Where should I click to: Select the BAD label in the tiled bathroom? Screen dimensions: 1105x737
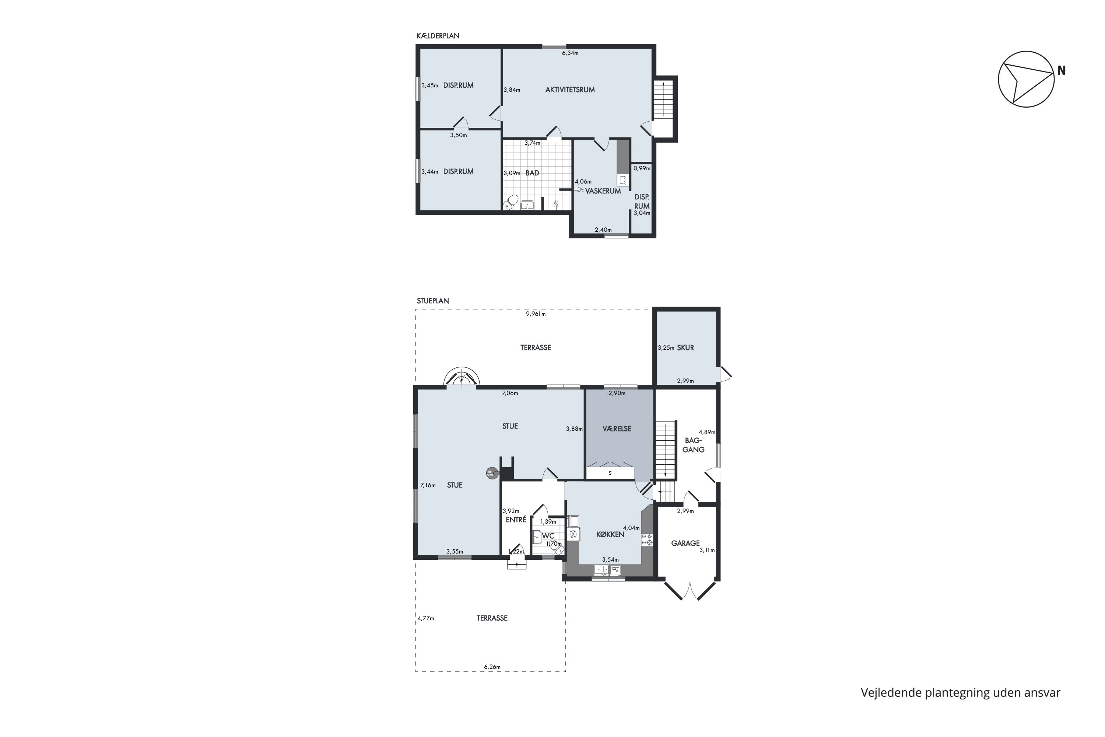click(x=532, y=173)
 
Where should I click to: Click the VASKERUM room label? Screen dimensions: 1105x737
click(x=603, y=191)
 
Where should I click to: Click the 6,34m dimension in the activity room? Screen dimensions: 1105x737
click(x=570, y=53)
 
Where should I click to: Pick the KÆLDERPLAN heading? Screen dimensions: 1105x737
click(x=438, y=36)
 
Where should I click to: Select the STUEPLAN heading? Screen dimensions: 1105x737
click(x=433, y=301)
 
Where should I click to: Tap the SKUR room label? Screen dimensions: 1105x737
click(x=685, y=348)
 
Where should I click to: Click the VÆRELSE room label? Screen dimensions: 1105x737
click(x=617, y=429)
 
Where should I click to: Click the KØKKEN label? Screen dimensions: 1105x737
click(x=610, y=534)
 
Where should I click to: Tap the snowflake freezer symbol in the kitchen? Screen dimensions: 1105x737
click(x=573, y=534)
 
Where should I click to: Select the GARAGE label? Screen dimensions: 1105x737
click(x=685, y=543)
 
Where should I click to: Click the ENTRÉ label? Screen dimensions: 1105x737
click(x=516, y=520)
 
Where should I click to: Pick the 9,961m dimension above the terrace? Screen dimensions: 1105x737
click(x=536, y=314)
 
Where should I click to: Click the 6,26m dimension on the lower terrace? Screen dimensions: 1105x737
click(x=492, y=667)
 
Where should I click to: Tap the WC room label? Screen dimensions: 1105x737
click(x=548, y=536)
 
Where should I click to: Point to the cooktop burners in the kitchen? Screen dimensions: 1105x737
click(x=647, y=539)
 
